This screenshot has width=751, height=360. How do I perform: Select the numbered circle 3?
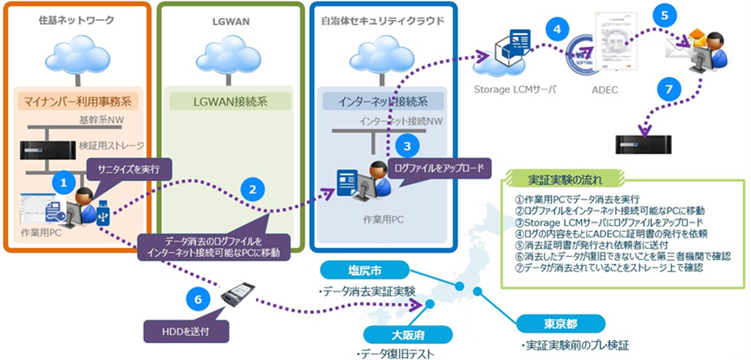tap(408, 147)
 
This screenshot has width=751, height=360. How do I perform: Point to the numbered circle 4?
tap(555, 28)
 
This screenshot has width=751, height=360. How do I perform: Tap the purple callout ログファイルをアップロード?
tap(439, 168)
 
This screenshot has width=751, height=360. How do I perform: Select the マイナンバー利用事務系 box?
tap(78, 102)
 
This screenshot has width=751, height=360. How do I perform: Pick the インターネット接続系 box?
tap(374, 102)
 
